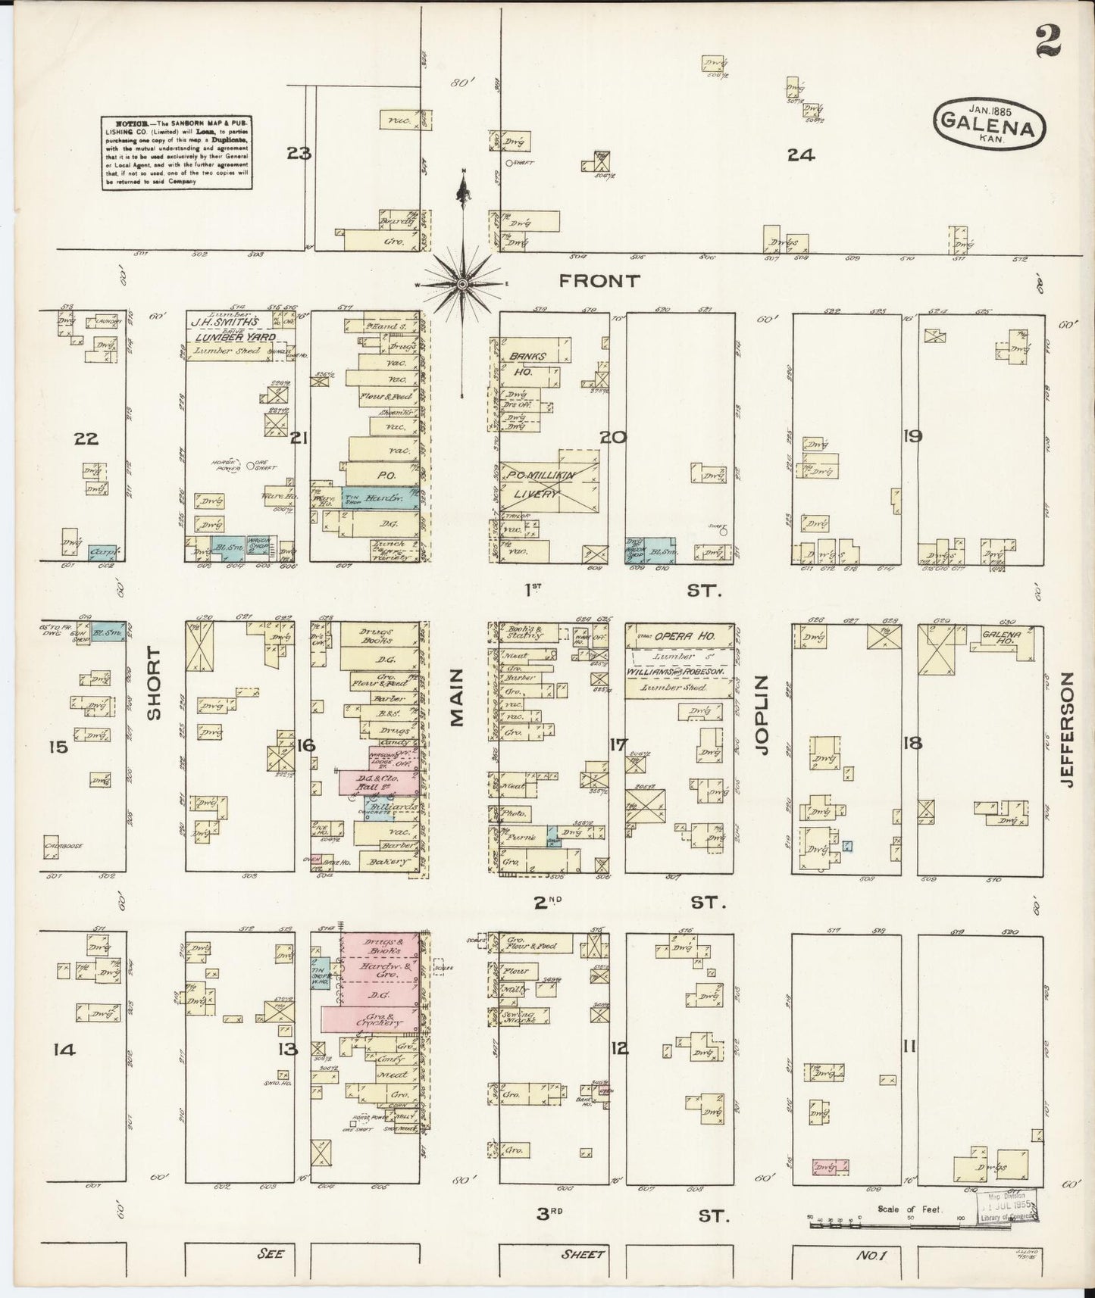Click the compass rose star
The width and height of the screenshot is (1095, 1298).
(461, 283)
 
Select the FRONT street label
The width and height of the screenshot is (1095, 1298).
(599, 281)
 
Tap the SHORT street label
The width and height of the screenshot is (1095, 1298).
(155, 682)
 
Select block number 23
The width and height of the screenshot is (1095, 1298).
(299, 154)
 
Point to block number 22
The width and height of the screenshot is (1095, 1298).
(87, 438)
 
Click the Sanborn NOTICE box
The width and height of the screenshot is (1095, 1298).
(177, 152)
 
